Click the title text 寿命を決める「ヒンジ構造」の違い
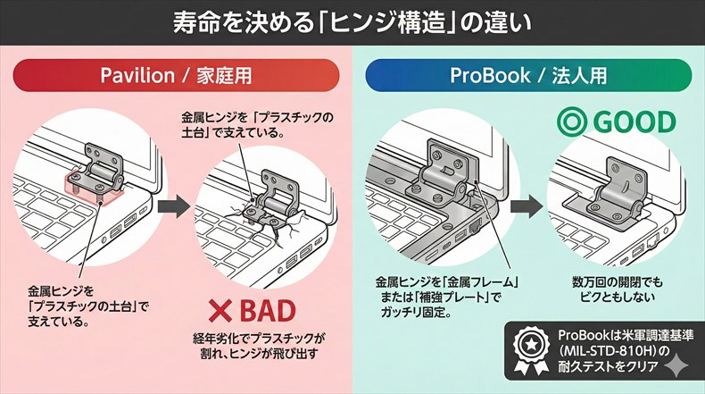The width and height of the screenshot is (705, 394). (352, 21)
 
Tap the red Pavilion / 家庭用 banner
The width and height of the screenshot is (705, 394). (175, 76)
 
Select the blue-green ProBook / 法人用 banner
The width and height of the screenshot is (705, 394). (527, 76)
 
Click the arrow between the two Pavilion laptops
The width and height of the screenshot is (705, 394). (174, 207)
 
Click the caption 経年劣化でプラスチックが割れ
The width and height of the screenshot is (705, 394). (260, 346)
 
